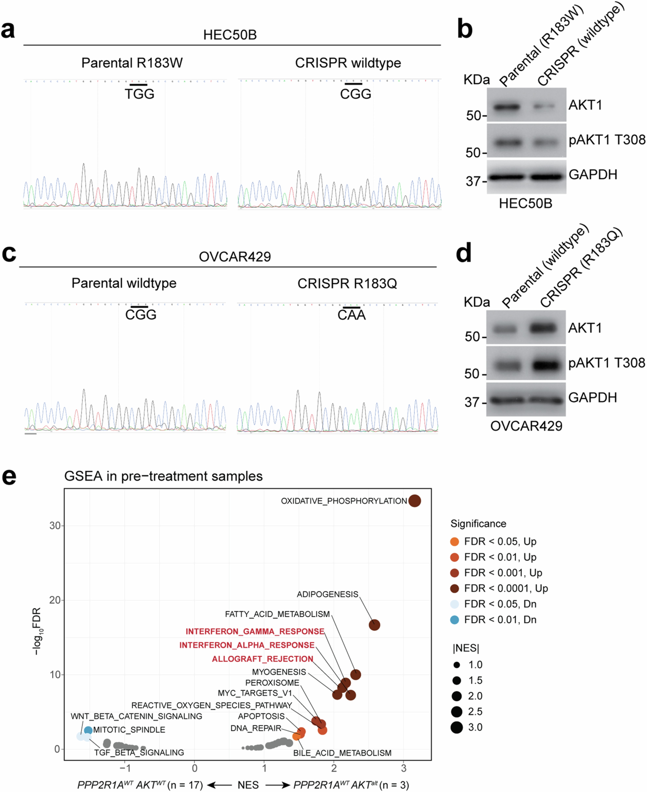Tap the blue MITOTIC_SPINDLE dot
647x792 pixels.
pos(88,730)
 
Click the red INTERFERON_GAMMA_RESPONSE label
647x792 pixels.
pos(255,631)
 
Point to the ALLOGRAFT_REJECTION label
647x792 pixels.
pos(262,659)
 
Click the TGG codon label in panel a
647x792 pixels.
pos(139,94)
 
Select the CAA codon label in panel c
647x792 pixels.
pos(351,315)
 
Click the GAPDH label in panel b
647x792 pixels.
pos(593,174)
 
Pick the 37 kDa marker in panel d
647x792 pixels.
pos(472,402)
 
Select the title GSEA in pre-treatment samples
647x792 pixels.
pos(163,476)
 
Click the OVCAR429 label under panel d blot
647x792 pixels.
pos(526,426)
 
